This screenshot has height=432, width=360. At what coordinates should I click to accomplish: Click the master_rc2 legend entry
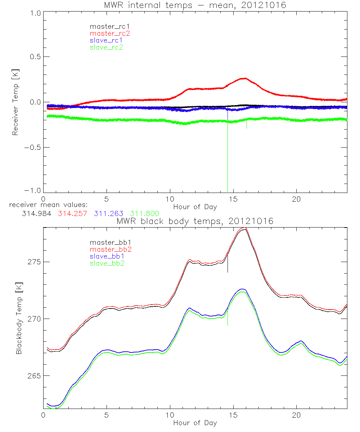pyautogui.click(x=110, y=33)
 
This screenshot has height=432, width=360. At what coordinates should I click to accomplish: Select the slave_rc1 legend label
pyautogui.click(x=106, y=40)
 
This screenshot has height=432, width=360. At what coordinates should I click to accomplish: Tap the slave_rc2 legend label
pyautogui.click(x=106, y=48)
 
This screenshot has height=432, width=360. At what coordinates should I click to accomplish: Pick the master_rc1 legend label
pyautogui.click(x=108, y=26)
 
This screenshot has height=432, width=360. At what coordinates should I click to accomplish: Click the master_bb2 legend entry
pyautogui.click(x=111, y=249)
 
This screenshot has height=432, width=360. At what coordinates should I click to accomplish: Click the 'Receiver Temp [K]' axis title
pyautogui.click(x=15, y=102)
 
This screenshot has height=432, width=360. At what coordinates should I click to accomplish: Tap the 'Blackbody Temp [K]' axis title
pyautogui.click(x=19, y=319)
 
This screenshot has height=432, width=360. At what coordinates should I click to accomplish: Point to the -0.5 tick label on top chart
pyautogui.click(x=32, y=147)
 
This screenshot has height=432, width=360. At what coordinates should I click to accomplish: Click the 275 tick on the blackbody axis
pyautogui.click(x=34, y=262)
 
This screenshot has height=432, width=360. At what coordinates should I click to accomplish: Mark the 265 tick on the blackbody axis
pyautogui.click(x=34, y=375)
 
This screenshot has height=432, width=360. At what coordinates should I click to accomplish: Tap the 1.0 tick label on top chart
pyautogui.click(x=35, y=12)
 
